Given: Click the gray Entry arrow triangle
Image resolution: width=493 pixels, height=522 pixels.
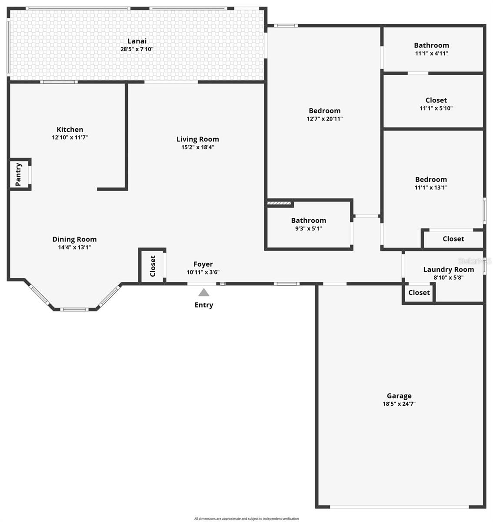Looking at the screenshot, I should (203, 293).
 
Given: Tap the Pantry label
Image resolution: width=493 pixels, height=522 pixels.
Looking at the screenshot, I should (19, 174).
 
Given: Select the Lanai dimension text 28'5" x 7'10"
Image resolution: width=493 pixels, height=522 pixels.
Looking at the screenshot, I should (137, 49).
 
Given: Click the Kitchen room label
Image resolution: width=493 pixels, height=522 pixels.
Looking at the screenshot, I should (70, 129).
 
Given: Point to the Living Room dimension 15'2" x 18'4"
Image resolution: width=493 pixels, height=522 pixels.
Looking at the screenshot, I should (198, 147).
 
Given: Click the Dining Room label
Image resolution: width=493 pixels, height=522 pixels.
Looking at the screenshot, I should (74, 239).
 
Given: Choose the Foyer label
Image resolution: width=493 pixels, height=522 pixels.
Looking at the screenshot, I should (203, 264).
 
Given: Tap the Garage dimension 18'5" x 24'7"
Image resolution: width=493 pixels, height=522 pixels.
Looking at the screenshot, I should (399, 404).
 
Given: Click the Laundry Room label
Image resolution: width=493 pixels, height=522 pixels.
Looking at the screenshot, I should (448, 269).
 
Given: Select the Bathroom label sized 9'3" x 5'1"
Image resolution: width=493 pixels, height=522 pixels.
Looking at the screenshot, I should (308, 221).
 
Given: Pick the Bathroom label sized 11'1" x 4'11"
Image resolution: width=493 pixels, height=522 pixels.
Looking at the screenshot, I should (431, 45).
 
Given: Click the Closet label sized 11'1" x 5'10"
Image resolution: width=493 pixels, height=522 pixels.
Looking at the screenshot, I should (436, 100).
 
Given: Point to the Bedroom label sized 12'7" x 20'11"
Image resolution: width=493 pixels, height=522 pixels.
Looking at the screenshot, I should (324, 110).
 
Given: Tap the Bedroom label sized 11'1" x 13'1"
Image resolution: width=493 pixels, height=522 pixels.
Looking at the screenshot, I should (431, 179).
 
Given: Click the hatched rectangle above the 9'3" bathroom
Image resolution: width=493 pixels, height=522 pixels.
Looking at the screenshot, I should (279, 203).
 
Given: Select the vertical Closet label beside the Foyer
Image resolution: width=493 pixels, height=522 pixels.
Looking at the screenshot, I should (153, 266).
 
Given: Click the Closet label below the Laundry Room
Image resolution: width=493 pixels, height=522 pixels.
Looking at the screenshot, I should (419, 293).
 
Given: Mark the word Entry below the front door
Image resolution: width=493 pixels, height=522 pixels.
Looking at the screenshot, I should (203, 305).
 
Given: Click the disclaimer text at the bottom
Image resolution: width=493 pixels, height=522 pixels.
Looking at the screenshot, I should (246, 519).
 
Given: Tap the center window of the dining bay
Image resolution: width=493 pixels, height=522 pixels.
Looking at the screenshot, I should (74, 309).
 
